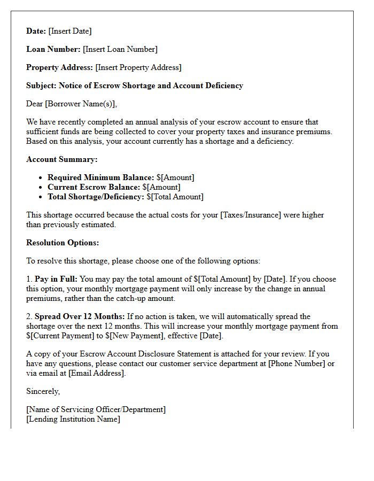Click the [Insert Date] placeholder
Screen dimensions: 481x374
tap(70, 31)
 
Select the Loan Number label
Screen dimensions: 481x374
tap(53, 49)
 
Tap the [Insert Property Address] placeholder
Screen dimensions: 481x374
tap(138, 67)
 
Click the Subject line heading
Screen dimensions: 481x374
tap(135, 86)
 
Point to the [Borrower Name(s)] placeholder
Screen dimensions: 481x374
tap(81, 104)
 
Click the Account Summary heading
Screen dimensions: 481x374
tap(62, 159)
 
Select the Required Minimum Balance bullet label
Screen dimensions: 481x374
tap(100, 177)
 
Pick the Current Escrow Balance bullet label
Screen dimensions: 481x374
tap(93, 187)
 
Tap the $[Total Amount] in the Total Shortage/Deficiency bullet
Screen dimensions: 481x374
tap(175, 197)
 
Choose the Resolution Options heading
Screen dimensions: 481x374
tap(63, 243)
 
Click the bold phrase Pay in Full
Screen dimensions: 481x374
tap(56, 279)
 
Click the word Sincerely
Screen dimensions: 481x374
tap(43, 391)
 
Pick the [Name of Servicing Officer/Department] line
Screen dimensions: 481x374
tap(96, 409)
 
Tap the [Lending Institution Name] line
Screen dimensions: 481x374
tap(73, 419)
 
